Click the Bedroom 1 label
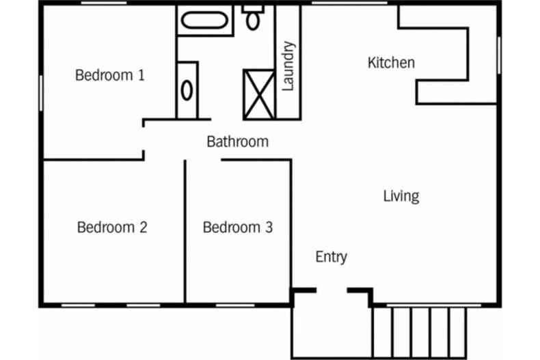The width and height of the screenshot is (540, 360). coord(109,75)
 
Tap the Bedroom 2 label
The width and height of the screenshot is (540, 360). coord(112,227)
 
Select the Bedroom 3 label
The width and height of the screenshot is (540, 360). coord(238,227)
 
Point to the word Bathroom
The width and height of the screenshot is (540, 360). coord(237,142)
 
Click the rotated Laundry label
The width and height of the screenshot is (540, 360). coord(288,66)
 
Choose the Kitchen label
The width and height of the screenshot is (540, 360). coord(391,63)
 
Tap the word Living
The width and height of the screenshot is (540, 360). coord(401,197)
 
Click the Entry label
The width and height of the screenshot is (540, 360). coord(331,257)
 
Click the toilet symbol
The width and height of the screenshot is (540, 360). coord(254,18)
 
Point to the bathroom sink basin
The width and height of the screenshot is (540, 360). coord(187,89)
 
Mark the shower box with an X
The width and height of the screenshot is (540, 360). coord(259,94)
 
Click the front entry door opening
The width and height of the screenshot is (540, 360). coord(332,290)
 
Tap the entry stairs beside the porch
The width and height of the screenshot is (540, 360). coord(420,331)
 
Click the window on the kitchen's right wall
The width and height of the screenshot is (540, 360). coord(499,55)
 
